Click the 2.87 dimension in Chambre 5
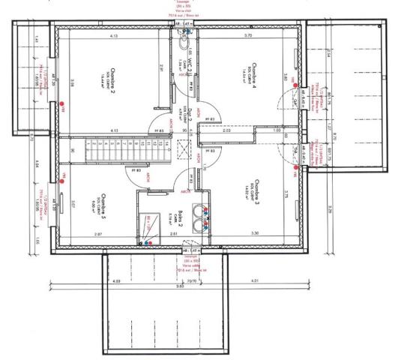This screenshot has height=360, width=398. tap(98, 235)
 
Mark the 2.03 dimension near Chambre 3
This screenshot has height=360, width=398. tap(248, 130)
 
